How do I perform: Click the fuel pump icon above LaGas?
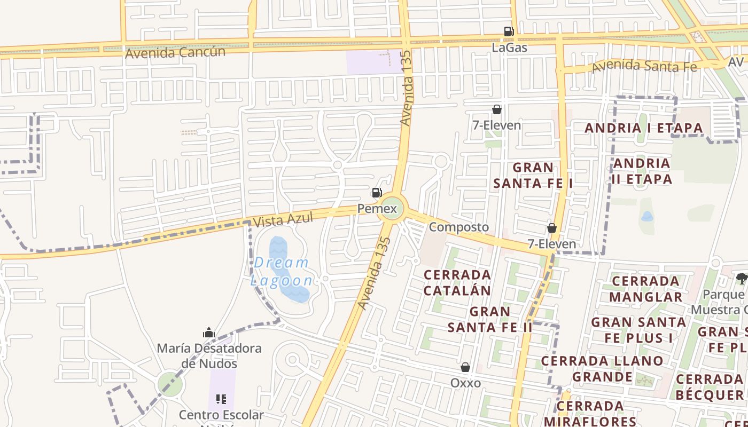[509, 31]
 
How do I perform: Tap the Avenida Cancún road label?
[175, 52]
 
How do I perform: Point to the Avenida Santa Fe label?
[644, 66]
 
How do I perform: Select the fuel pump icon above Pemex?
[377, 193]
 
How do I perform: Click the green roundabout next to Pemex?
[391, 208]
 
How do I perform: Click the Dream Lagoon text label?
[282, 272]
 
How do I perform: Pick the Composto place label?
[458, 227]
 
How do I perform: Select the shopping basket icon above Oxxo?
[465, 367]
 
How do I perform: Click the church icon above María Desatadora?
[209, 333]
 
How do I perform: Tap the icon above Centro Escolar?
[221, 399]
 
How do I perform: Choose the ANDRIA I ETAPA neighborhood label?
[643, 128]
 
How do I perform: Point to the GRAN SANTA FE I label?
[533, 175]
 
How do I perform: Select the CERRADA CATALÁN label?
[457, 282]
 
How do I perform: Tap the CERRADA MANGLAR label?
[645, 289]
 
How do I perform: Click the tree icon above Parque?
[742, 278]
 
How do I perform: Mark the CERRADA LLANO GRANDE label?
[602, 369]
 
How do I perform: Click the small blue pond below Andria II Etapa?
[647, 217]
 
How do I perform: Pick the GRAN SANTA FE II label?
[490, 319]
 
